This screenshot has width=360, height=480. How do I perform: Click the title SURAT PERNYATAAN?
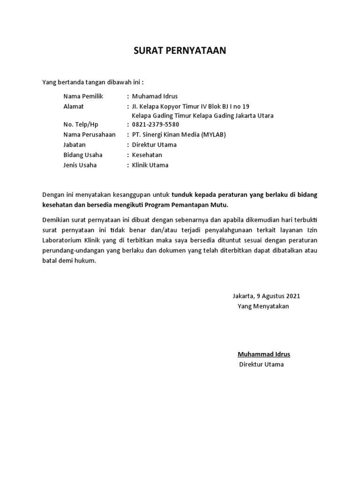(180, 51)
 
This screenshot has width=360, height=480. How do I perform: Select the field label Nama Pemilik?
(83, 96)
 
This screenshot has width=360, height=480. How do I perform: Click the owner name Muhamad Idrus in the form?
(155, 96)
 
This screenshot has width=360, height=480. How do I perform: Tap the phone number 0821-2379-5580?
(155, 125)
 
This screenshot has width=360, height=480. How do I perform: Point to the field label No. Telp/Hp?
(81, 125)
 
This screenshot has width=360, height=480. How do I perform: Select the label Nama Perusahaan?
(89, 135)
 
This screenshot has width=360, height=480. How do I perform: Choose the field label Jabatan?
(75, 145)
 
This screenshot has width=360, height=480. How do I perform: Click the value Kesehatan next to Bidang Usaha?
(147, 155)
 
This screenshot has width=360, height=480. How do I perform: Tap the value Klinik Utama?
(150, 165)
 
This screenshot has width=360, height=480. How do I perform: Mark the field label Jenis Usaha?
(80, 165)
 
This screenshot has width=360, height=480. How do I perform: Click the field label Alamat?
(73, 106)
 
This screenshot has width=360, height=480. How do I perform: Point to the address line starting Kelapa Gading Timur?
(202, 116)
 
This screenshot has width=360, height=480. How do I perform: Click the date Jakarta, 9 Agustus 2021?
(266, 296)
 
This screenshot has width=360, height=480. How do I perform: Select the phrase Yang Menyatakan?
(263, 306)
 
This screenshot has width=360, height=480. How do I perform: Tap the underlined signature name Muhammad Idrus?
(263, 354)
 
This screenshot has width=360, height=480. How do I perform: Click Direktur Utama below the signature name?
(261, 364)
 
